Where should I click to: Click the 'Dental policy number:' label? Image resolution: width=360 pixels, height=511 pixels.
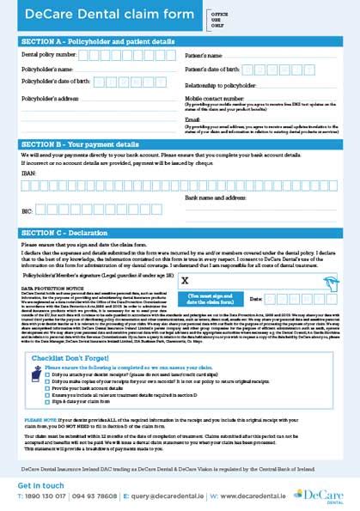tap(48, 54)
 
